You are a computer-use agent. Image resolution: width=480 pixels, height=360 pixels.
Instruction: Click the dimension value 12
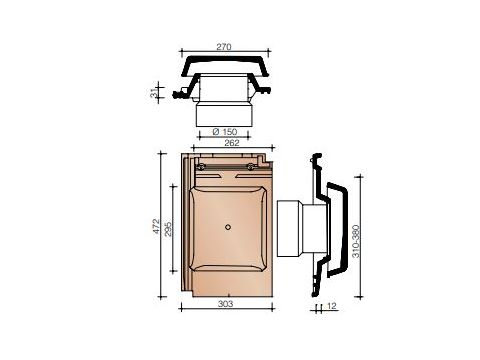[x=331, y=308]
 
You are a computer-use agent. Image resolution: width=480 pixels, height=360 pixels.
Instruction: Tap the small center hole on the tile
[x=228, y=227]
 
